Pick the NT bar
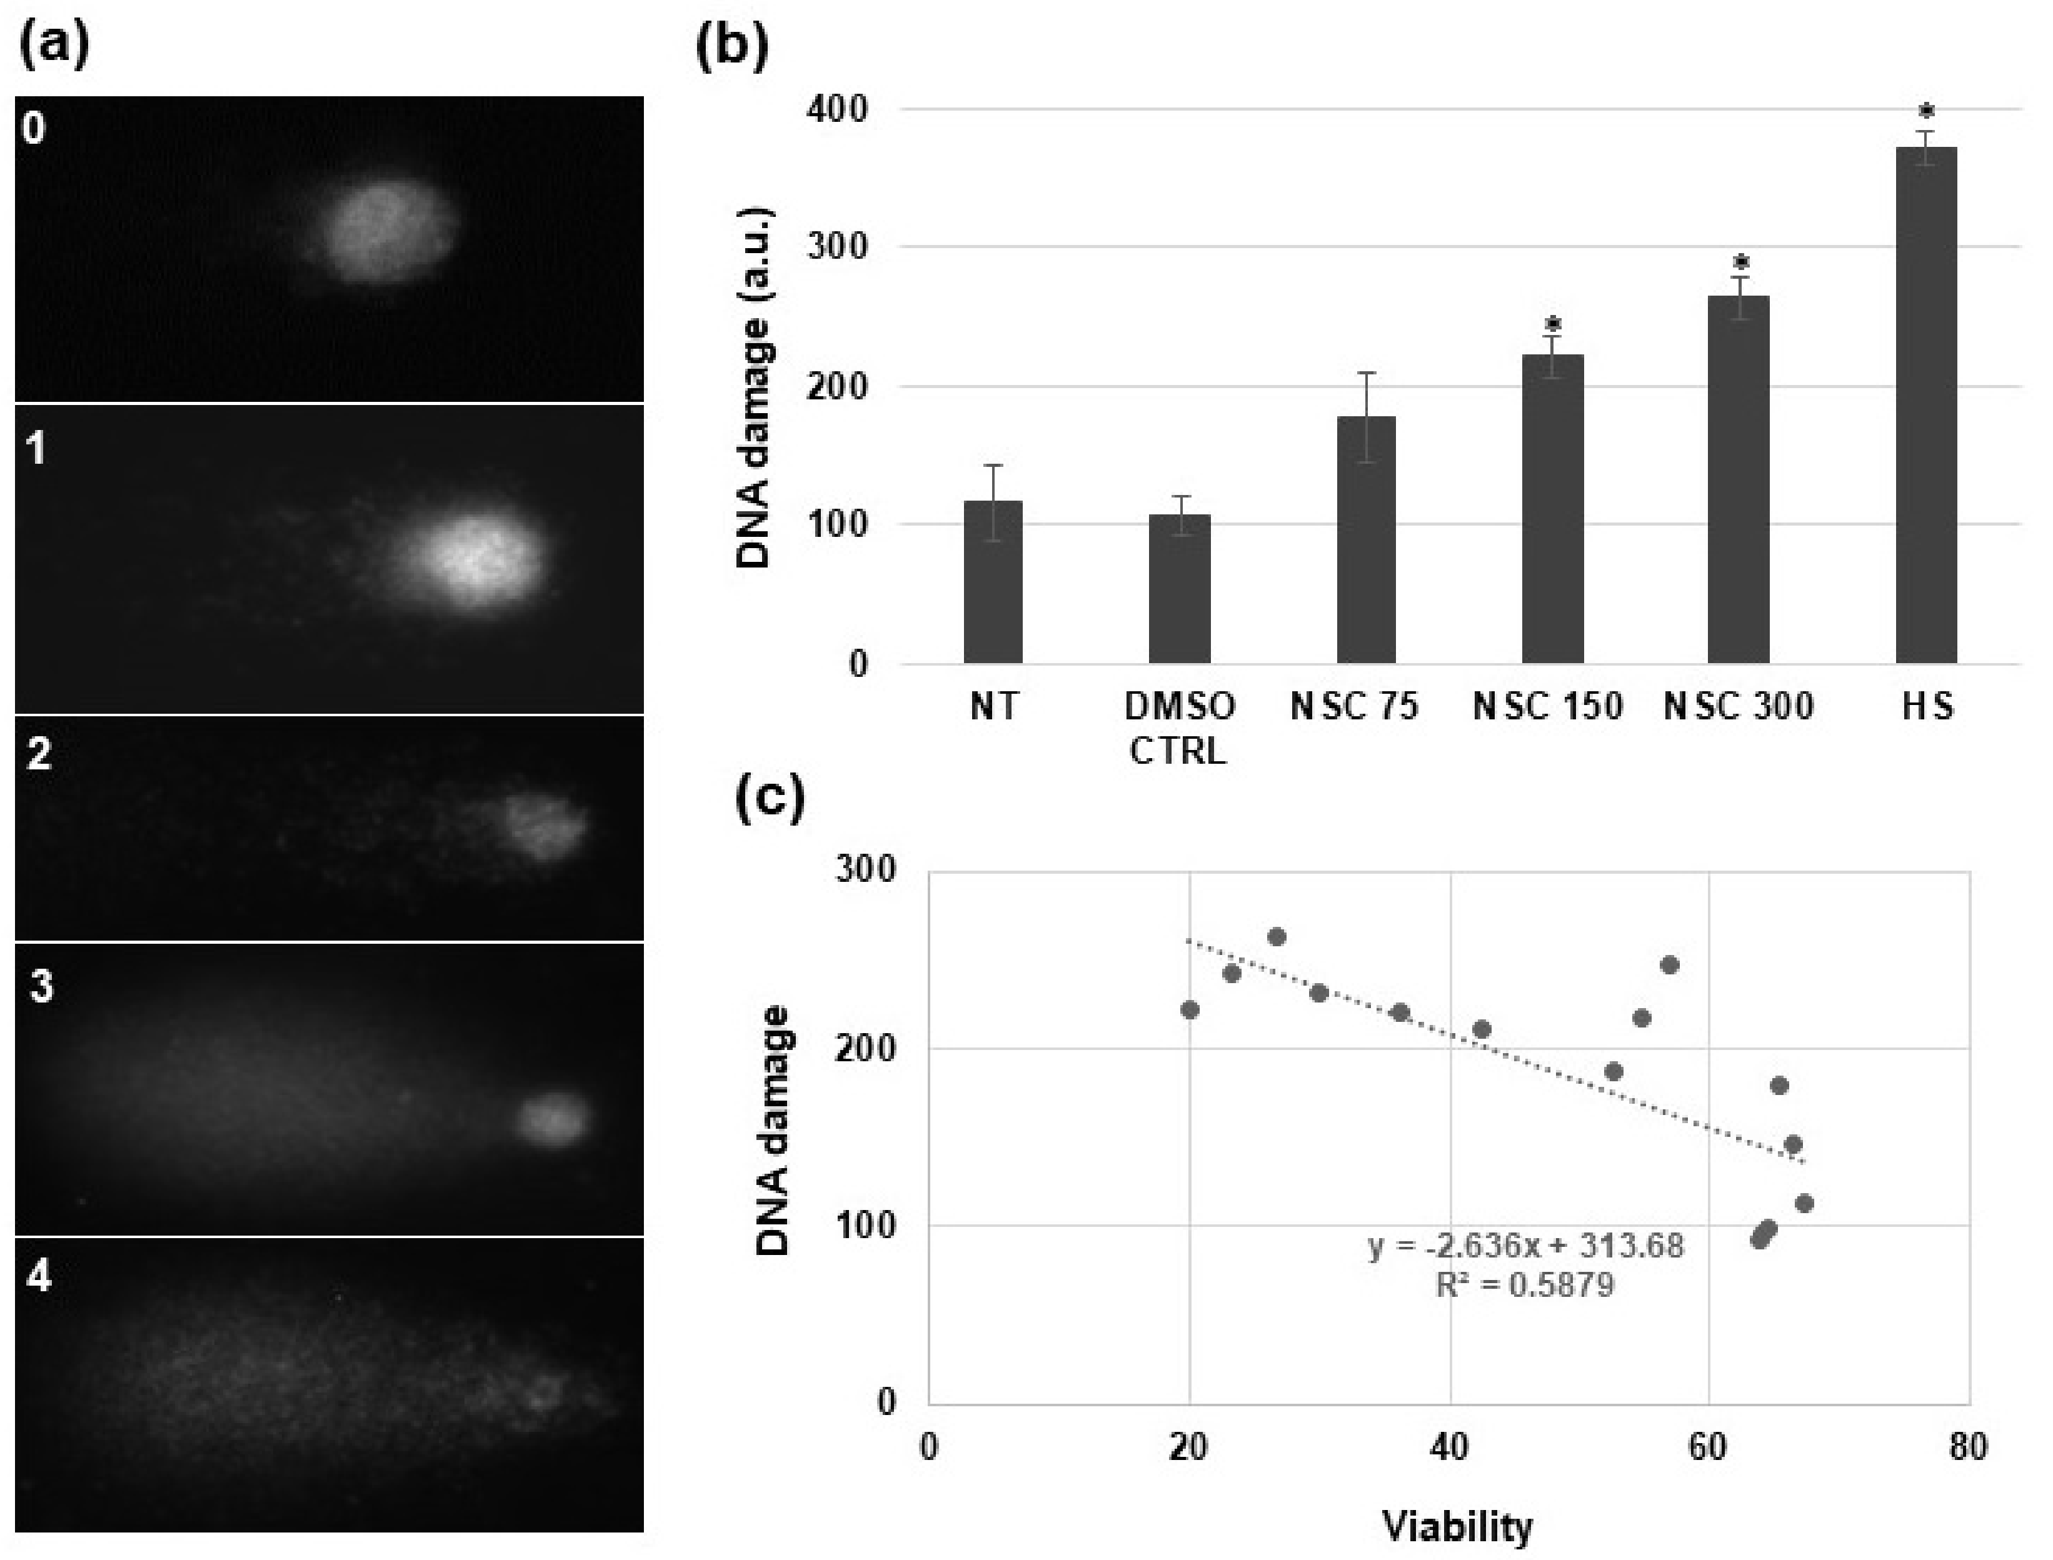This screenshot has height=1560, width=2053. [x=993, y=582]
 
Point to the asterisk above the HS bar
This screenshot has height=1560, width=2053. [x=1927, y=113]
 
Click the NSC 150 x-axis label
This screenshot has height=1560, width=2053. [x=1548, y=707]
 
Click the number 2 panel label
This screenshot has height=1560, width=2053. [x=39, y=754]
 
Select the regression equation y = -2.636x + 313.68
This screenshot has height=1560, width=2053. [x=1525, y=1245]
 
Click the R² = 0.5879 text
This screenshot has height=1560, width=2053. [x=1525, y=1285]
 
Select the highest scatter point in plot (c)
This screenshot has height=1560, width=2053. [x=1277, y=937]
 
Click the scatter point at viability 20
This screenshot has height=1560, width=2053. [x=1190, y=1009]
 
